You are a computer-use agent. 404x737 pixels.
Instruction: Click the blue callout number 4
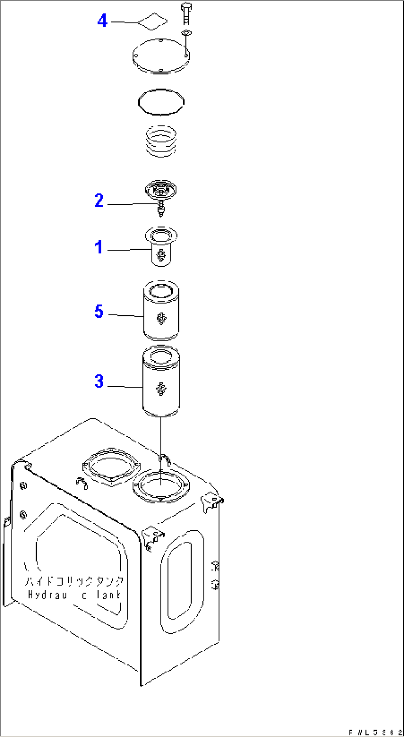[x=102, y=21]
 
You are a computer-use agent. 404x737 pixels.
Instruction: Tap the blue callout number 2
[x=99, y=200]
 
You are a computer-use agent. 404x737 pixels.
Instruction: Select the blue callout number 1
[x=98, y=247]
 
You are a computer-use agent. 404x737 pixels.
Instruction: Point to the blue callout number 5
[x=99, y=311]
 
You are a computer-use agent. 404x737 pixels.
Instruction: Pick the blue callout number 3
[x=99, y=381]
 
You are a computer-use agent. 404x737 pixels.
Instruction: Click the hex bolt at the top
[x=186, y=13]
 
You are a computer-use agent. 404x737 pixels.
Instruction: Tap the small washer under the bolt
[x=186, y=33]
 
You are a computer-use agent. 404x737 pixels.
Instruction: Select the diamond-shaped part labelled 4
[x=152, y=22]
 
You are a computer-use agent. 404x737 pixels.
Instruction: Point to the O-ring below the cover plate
[x=161, y=102]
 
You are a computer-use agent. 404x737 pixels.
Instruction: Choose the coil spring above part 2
[x=161, y=141]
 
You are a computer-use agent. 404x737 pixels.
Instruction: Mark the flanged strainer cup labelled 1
[x=161, y=246]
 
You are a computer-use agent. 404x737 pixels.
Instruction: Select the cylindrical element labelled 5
[x=161, y=311]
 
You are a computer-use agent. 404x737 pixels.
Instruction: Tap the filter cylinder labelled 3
[x=161, y=381]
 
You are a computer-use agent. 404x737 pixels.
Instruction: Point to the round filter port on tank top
[x=161, y=486]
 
